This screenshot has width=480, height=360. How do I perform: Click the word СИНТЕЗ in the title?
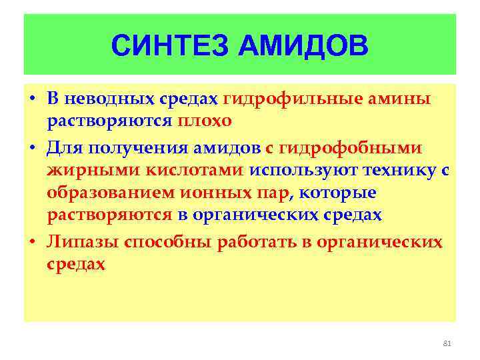(164, 46)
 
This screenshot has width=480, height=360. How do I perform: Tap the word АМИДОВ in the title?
(294, 46)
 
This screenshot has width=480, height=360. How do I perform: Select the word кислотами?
(187, 170)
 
